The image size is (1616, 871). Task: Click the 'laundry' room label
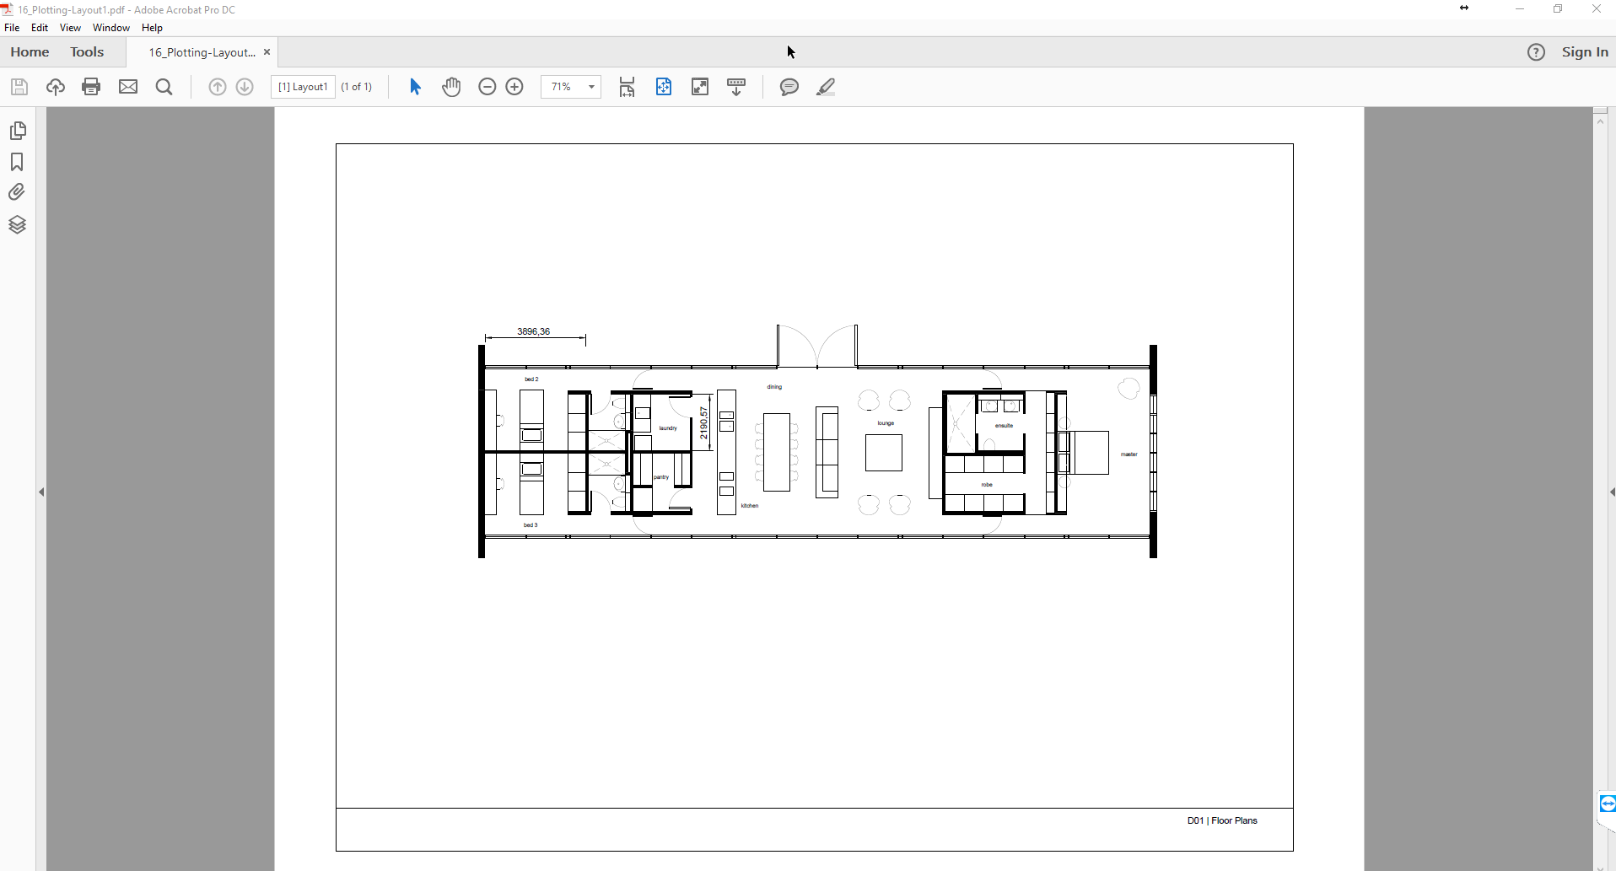pos(668,428)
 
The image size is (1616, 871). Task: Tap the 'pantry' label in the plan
pos(661,477)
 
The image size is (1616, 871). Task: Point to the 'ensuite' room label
pos(1004,426)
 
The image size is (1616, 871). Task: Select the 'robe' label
pos(987,485)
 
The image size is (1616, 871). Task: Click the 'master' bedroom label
pos(1129,454)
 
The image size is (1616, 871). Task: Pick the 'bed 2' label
pos(531,379)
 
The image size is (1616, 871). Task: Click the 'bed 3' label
pos(531,525)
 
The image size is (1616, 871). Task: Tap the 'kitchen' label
pos(750,506)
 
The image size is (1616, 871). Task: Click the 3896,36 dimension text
pos(533,331)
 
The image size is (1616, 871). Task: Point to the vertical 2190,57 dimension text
pos(703,422)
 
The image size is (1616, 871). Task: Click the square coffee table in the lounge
pos(884,453)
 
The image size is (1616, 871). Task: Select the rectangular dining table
pos(777,452)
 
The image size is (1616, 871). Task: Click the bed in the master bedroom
pos(1089,453)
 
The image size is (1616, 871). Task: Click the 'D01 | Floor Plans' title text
pos(1221,820)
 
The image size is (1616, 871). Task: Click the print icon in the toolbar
pos(91,87)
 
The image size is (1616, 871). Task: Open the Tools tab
pos(87,52)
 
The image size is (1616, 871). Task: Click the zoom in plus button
pos(514,87)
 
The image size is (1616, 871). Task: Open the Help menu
pos(152,28)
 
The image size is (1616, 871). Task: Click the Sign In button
pos(1584,52)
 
